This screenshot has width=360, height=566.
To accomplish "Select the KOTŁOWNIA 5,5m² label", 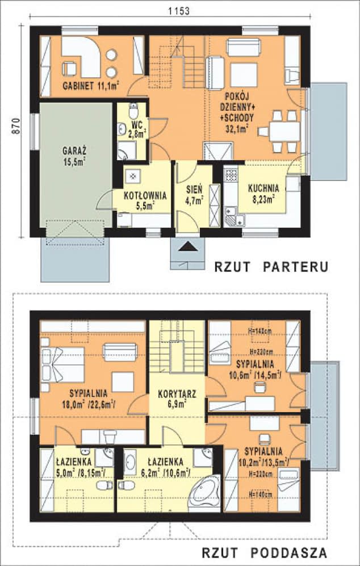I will click(146, 200).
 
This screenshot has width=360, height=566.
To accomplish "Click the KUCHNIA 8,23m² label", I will click(263, 193).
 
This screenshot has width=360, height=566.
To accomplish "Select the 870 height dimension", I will click(16, 125).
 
